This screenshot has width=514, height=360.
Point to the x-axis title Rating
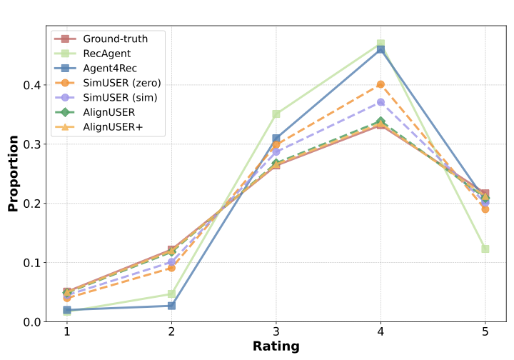pos(276,346)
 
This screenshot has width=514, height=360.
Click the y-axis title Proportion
pos(13,173)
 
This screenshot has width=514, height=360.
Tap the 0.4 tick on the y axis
pos(31,85)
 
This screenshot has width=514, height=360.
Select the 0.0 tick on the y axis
pos(31,322)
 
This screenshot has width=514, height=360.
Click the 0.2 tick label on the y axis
pos(31,204)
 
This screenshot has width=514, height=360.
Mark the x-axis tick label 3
pos(276,332)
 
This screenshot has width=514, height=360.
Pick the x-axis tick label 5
pos(485,332)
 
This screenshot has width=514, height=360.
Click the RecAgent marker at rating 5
pos(485,249)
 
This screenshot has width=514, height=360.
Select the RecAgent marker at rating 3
pos(276,114)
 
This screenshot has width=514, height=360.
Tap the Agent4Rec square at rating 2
pos(171,306)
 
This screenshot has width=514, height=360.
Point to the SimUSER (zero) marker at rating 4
pos(381,84)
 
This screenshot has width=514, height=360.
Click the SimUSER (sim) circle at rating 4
pos(381,102)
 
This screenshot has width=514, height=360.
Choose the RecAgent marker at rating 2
pos(171,294)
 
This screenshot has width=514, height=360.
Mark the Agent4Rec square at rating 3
pos(276,139)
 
